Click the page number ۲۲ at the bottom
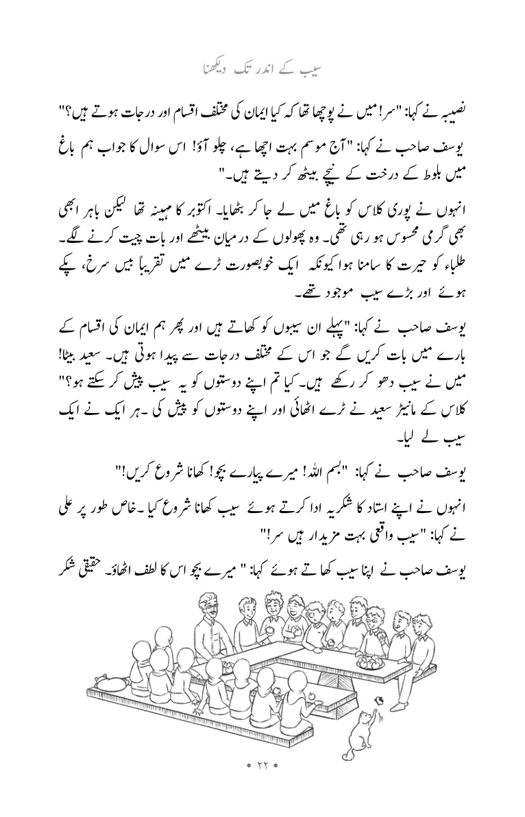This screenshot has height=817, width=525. tap(262, 781)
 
